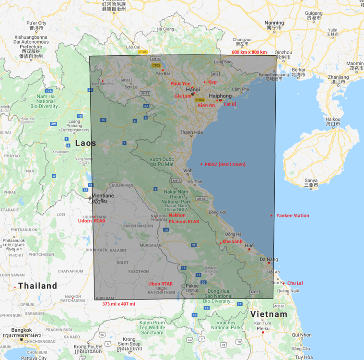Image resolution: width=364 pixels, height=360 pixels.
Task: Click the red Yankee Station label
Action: coord(293,216)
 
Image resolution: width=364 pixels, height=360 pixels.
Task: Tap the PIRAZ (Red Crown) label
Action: coord(225,164)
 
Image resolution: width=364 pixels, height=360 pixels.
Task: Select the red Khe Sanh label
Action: coord(232,241)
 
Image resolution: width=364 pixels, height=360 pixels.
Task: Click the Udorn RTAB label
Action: coord(92,221)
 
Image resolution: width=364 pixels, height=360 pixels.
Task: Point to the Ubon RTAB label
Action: coord(160,284)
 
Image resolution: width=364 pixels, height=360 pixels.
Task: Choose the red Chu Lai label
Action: coord(295,283)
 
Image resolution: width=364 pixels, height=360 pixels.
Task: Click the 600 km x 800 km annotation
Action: coord(249,52)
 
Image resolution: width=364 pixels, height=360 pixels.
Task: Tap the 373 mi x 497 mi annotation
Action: coord(119,304)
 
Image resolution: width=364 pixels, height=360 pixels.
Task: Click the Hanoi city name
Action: coord(193,89)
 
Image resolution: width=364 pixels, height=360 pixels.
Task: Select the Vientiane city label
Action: coord(103,196)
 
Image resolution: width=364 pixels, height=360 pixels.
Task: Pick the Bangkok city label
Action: coord(22,330)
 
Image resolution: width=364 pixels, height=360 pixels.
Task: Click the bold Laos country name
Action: coord(85,143)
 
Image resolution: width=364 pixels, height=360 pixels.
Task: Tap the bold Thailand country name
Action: coord(37,286)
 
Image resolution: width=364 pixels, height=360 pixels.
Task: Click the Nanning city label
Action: coord(274,23)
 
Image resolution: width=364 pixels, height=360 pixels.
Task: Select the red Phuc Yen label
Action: coord(180,84)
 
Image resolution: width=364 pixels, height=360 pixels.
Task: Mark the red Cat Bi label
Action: coord(230,104)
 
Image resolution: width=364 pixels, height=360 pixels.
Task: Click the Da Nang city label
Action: coord(269,259)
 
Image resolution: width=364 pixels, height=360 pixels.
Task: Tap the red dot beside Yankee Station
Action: coord(271,216)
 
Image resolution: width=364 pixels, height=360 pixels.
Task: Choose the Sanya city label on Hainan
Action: coord(311,181)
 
